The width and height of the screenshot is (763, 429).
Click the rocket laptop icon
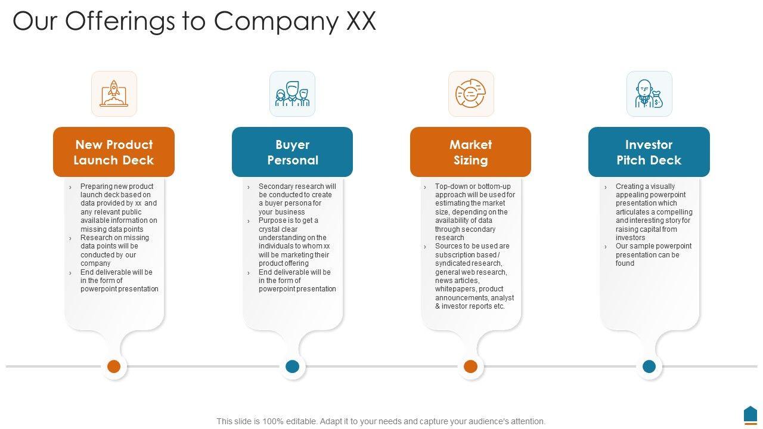click(114, 94)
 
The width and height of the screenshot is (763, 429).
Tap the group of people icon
click(292, 94)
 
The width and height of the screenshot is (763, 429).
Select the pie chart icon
click(471, 94)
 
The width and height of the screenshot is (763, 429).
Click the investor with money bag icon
click(649, 94)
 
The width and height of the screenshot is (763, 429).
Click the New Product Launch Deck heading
click(114, 152)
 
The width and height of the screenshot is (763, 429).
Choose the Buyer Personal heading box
click(292, 152)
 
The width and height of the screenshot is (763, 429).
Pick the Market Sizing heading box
click(470, 152)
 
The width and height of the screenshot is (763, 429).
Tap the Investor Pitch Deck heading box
click(649, 152)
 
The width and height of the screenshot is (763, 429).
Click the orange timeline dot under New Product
click(114, 366)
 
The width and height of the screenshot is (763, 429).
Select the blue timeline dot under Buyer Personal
click(292, 366)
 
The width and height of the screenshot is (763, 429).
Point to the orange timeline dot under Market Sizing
click(470, 366)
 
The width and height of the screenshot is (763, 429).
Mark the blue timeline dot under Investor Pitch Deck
click(649, 366)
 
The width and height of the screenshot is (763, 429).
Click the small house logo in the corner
click(750, 414)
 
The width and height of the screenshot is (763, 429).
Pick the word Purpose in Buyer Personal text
click(273, 220)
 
